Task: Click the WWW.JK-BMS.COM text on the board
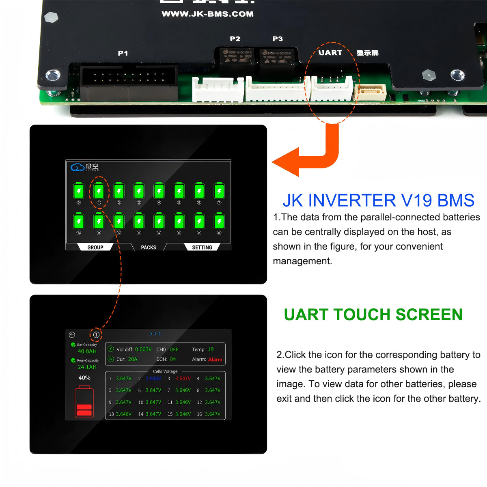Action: [207, 14]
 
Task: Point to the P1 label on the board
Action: [123, 53]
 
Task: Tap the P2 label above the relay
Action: [235, 39]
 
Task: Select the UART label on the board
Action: [330, 53]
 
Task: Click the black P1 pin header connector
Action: [129, 81]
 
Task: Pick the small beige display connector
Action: [370, 92]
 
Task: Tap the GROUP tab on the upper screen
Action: [95, 247]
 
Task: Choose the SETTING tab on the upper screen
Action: [202, 247]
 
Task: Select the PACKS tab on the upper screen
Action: [149, 247]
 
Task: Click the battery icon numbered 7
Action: [219, 191]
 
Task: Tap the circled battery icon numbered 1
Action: [99, 191]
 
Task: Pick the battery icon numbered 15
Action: [219, 222]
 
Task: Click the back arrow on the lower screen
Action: [72, 335]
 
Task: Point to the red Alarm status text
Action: [215, 360]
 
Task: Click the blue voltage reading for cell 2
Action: [153, 379]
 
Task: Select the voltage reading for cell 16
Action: [213, 414]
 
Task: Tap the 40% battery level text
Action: [84, 378]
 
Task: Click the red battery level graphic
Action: [84, 403]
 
